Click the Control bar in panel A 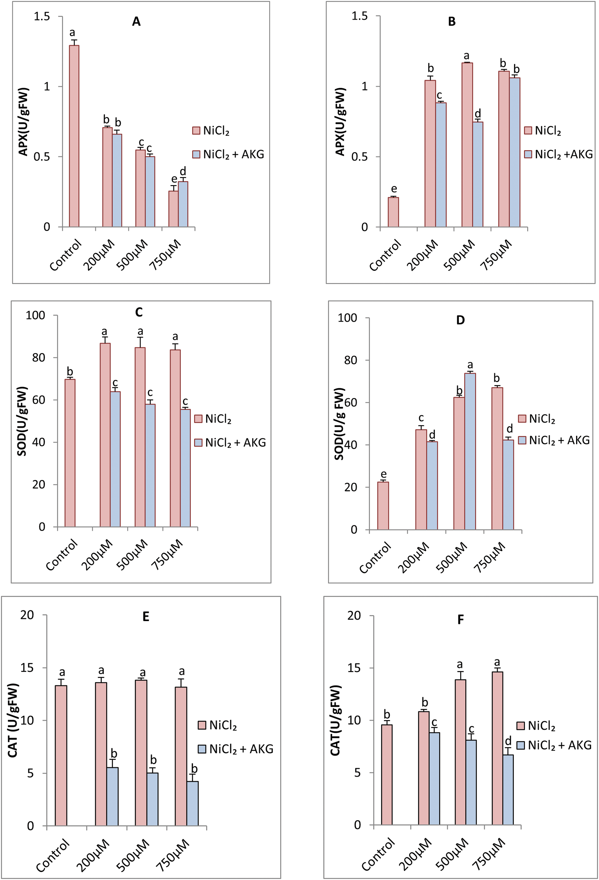pyautogui.click(x=74, y=136)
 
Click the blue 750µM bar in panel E pyautogui.click(x=192, y=803)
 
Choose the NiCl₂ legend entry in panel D pyautogui.click(x=536, y=419)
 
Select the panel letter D pyautogui.click(x=460, y=320)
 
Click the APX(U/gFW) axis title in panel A pyautogui.click(x=23, y=122)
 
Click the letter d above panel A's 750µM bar pyautogui.click(x=183, y=171)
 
